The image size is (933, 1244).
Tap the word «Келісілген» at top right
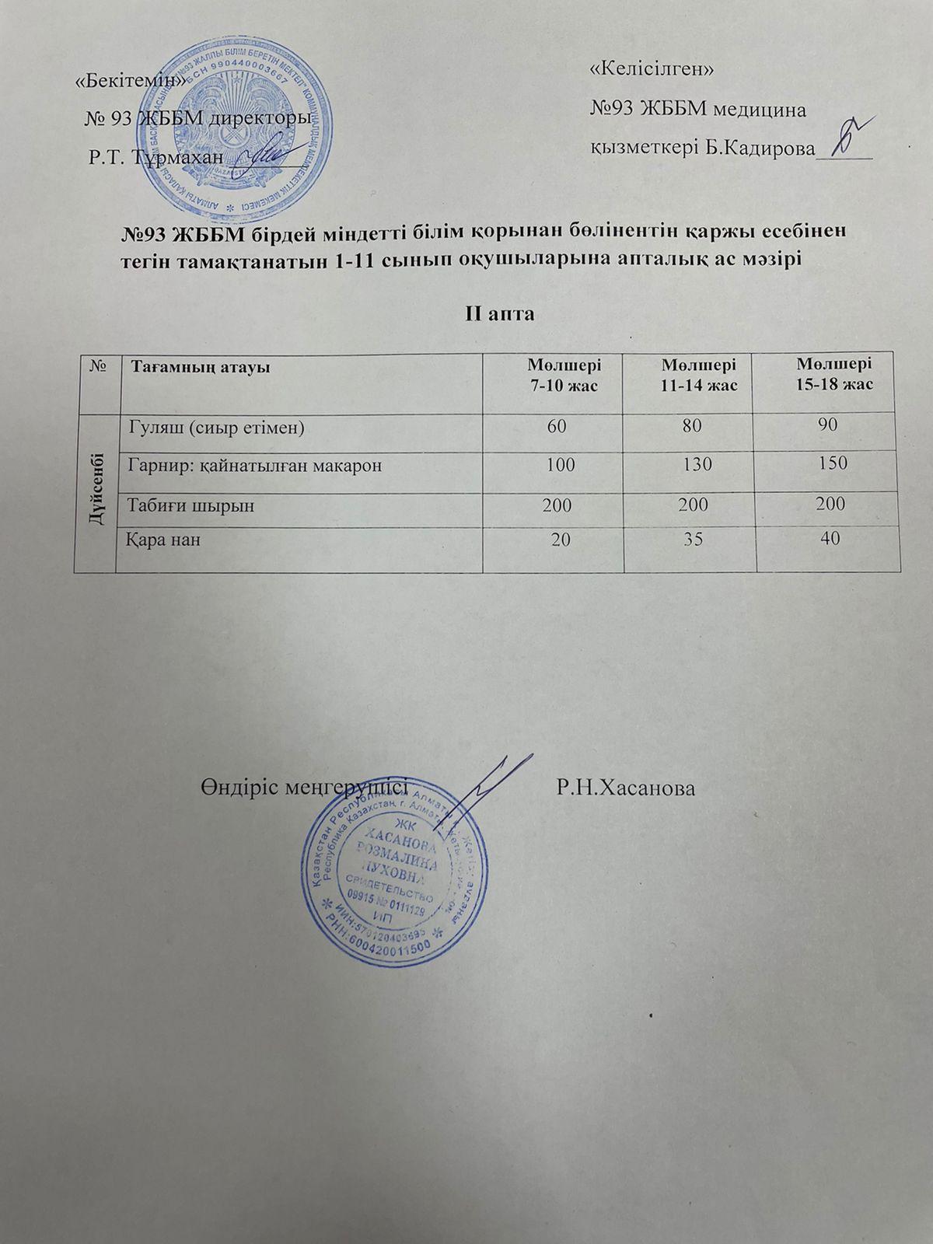click(652, 69)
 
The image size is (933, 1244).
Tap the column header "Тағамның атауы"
click(200, 365)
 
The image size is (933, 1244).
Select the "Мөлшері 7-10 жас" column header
click(564, 374)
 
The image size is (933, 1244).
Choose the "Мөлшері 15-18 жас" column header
click(833, 374)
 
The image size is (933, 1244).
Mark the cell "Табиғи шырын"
click(190, 505)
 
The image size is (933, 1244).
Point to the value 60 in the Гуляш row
click(557, 426)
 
